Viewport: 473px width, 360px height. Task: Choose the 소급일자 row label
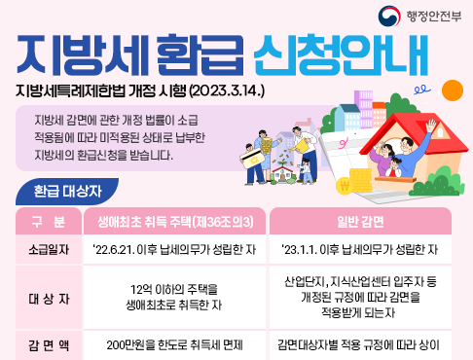(x=46, y=249)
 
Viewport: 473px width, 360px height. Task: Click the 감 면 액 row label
(x=46, y=344)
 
